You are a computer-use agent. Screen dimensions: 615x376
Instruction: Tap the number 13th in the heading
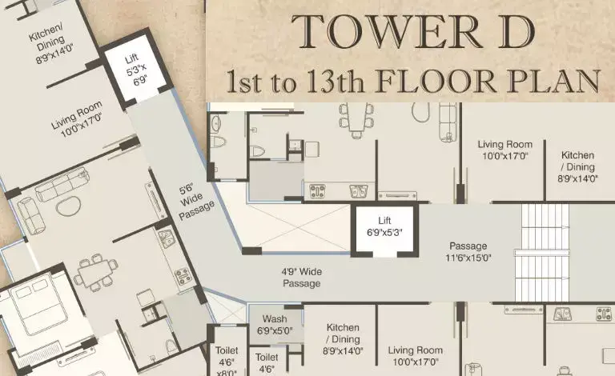coord(336,82)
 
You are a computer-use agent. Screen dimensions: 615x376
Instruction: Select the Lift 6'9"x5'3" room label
coord(384,226)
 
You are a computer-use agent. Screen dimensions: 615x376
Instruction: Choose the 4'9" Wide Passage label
coord(302,278)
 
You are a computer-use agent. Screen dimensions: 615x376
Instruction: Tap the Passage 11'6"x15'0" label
coord(468,252)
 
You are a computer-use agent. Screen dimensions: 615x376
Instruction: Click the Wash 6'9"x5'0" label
coord(275,325)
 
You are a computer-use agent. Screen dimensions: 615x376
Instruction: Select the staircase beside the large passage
coord(542,253)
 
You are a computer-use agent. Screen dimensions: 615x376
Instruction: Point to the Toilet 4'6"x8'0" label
coord(227,361)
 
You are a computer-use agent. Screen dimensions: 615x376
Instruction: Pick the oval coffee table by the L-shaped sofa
coord(69,206)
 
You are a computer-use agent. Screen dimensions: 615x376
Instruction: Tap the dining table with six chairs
coord(356,121)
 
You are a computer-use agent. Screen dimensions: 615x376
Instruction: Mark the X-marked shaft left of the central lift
coord(299,227)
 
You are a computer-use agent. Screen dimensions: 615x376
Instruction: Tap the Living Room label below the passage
coord(416,356)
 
